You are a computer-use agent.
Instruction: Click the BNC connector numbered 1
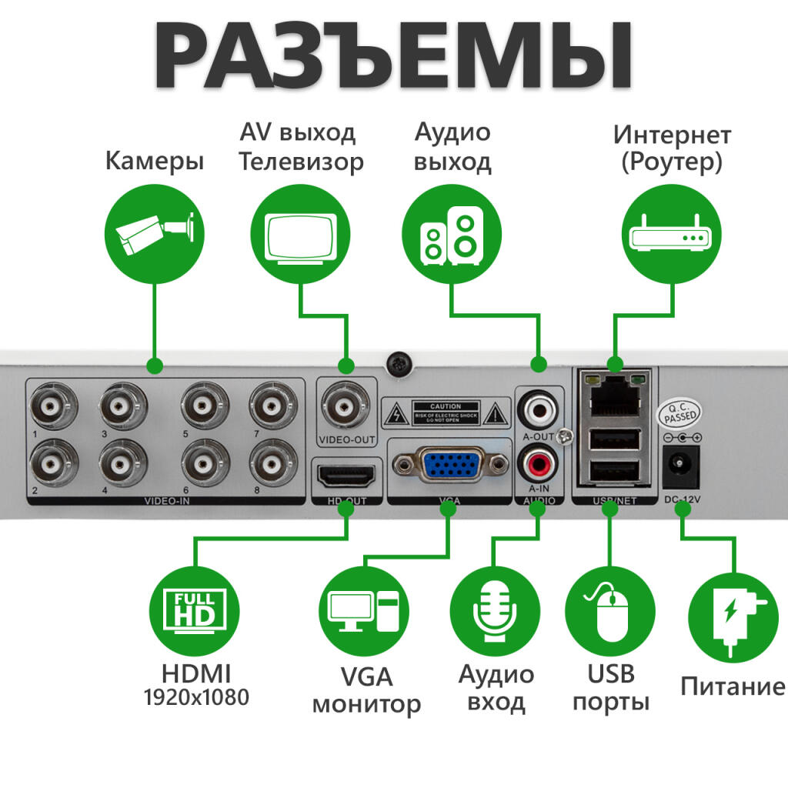coord(52,404)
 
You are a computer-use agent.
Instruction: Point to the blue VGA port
coord(450,466)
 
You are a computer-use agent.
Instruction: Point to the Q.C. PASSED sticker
coord(679,414)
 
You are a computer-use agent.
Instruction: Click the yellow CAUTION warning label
coord(446,414)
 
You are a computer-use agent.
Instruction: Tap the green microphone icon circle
coord(494,612)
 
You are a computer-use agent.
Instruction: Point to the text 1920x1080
coord(196,698)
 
